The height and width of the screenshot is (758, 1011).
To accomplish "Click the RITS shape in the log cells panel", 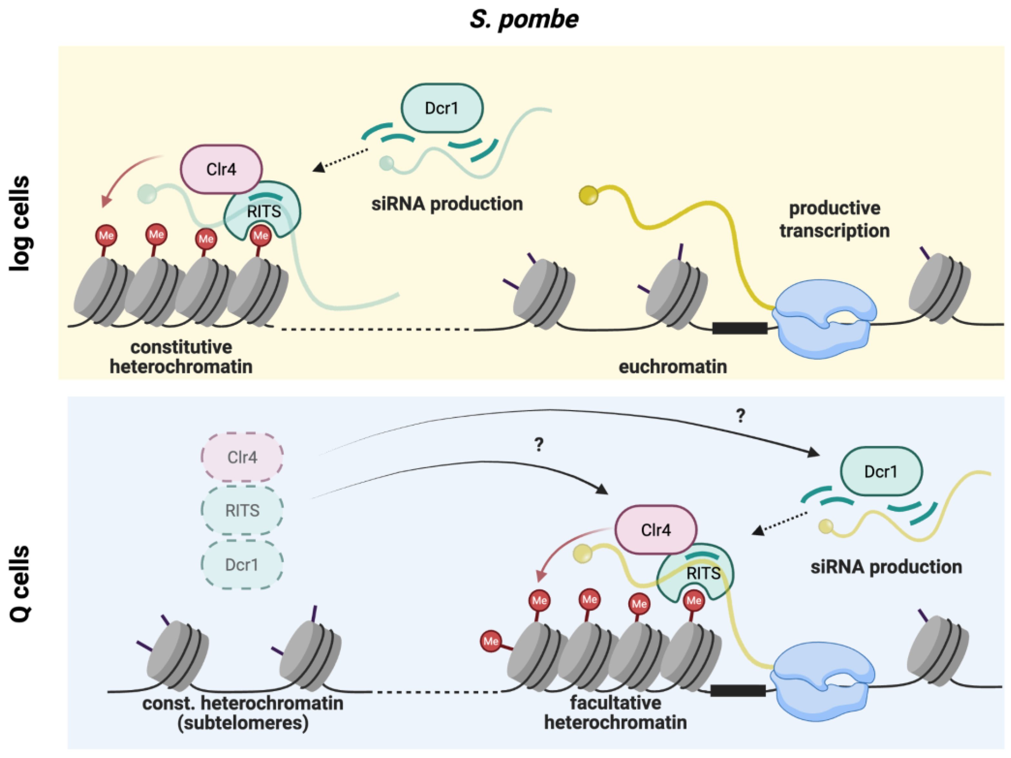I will [x=263, y=212].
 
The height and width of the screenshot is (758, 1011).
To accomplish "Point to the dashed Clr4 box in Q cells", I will [x=242, y=457].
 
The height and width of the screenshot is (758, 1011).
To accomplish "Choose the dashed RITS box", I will [x=242, y=510].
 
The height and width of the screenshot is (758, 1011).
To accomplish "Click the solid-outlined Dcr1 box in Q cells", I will [x=881, y=471].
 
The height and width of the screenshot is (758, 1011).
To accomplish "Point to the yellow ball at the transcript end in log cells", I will [x=588, y=195].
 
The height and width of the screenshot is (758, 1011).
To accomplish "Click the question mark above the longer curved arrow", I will [x=740, y=415].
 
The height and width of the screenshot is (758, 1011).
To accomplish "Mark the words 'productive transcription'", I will [x=835, y=219].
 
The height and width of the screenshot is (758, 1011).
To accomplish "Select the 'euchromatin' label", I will [x=673, y=367].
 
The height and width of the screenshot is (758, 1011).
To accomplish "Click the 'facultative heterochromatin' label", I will [x=615, y=713].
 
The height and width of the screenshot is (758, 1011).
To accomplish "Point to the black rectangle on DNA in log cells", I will [x=739, y=328].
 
